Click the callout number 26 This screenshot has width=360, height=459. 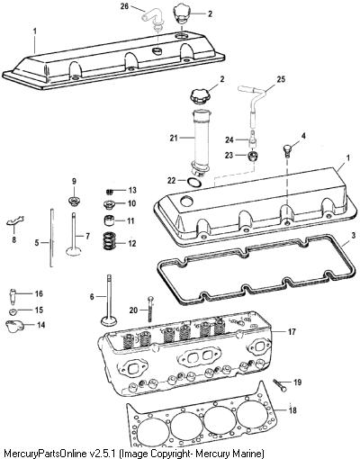pyautogui.click(x=125, y=6)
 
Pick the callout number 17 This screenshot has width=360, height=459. pyautogui.click(x=292, y=332)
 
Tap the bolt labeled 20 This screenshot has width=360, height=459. pyautogui.click(x=150, y=309)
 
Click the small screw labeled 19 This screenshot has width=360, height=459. pyautogui.click(x=280, y=385)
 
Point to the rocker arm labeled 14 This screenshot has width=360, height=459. pyautogui.click(x=13, y=326)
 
